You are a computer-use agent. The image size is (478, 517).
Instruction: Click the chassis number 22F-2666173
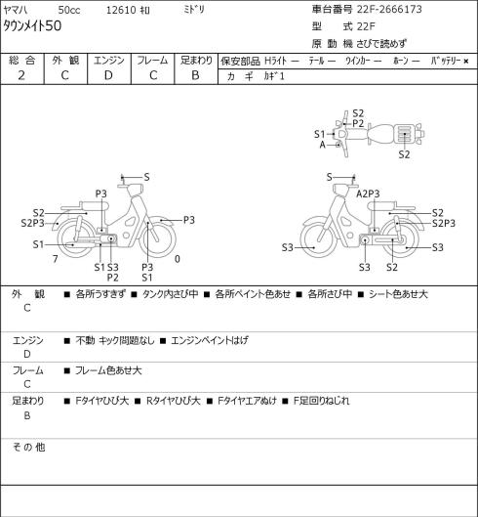pos(389,9)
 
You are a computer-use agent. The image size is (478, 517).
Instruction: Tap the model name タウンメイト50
pos(32,26)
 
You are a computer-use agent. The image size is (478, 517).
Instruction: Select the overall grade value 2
pos(21,75)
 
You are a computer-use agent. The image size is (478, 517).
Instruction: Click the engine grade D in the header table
pos(108,75)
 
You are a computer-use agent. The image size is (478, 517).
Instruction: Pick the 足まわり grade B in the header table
pos(195,75)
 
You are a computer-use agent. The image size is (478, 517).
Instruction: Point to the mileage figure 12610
pos(121,10)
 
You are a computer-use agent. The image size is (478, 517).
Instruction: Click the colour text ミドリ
pos(193,10)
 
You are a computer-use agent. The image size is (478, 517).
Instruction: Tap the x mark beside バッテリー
pos(466,61)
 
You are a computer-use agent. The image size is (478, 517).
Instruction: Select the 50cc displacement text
pos(69,10)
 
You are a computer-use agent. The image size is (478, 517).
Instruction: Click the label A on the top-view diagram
pos(323,145)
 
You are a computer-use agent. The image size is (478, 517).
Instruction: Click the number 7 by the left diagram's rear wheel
pos(56,259)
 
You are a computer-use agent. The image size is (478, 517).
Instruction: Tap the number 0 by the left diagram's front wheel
pos(178,259)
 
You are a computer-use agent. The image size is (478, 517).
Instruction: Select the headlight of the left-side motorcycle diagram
pos(135,190)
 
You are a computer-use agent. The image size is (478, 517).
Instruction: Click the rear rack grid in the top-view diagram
pos(403,133)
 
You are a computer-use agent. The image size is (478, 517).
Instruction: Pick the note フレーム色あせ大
pos(108,370)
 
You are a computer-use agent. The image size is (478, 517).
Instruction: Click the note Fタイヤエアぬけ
pos(247,401)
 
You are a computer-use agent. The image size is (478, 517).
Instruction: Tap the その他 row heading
pos(28,447)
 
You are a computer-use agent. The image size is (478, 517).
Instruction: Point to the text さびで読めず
pos(381,44)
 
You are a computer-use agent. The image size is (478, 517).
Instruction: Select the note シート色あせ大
pos(398,294)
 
